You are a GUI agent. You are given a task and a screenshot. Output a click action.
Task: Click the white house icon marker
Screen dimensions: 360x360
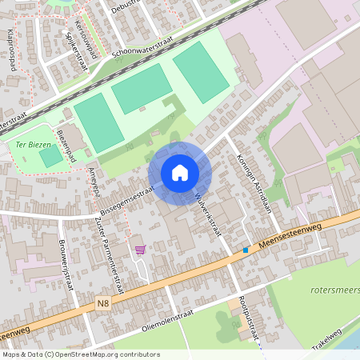pos(180,173)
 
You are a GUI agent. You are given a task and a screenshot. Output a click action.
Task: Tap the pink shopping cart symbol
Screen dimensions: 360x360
pos(141,250)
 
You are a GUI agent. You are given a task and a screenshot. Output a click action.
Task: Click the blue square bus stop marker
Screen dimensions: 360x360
pos(246,250)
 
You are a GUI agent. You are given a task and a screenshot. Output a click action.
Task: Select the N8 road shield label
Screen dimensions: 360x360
pos(102,303)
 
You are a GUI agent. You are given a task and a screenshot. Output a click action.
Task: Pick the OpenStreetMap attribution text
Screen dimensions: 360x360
pos(80,354)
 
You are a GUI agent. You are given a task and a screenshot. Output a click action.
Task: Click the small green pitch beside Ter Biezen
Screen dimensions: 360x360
pos(50,157)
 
